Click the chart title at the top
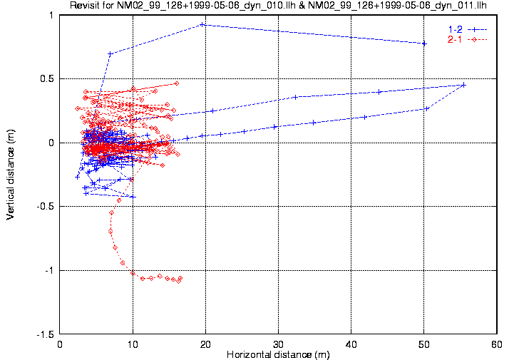278,6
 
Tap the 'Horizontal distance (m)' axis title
277,354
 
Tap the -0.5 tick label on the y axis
46,207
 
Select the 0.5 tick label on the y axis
48,79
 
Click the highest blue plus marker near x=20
202,24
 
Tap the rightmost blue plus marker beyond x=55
463,85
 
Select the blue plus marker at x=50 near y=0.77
424,43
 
